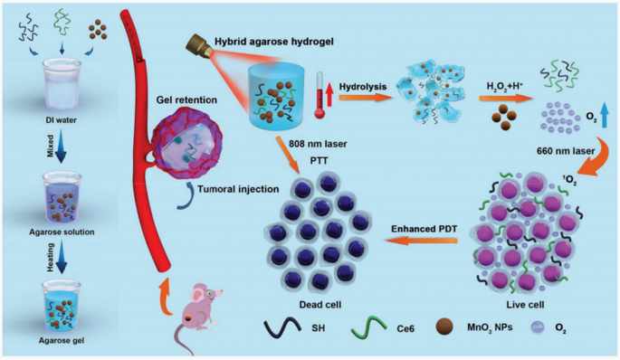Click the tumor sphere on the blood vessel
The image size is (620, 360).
[x=186, y=141]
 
